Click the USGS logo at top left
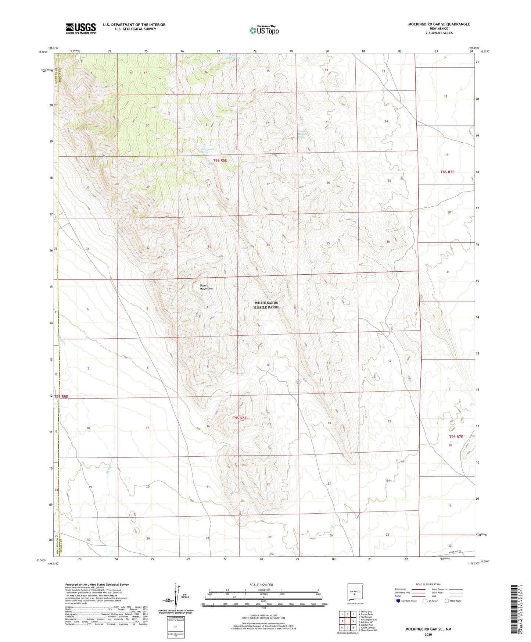[81, 28]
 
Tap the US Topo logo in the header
[264, 30]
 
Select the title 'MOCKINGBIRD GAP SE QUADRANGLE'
[439, 24]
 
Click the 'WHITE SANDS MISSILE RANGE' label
[267, 305]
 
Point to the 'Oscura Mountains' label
[206, 287]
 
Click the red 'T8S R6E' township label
[220, 160]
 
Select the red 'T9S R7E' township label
[456, 437]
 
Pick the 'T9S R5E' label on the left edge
[61, 397]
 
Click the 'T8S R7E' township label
[447, 172]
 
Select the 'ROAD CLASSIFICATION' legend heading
[428, 584]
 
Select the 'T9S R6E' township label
[240, 418]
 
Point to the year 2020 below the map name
[428, 634]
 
